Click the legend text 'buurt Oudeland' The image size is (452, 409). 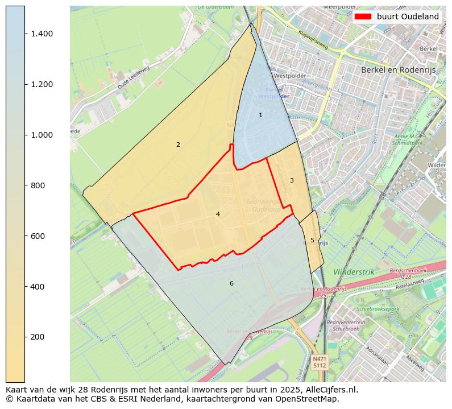click(408, 16)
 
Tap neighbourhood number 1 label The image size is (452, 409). click(260, 115)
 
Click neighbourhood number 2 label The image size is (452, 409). click(178, 145)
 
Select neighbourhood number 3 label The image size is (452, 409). click(292, 181)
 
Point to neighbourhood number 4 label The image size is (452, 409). click(218, 214)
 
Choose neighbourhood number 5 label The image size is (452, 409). click(312, 241)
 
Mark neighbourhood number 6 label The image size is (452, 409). click(231, 284)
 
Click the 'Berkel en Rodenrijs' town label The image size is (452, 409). click(397, 69)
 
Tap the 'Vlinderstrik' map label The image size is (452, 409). click(354, 272)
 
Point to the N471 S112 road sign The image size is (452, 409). click(320, 362)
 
